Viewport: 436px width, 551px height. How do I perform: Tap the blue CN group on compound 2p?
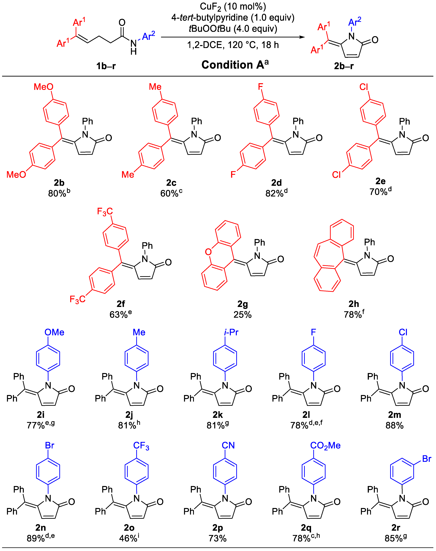click(228, 445)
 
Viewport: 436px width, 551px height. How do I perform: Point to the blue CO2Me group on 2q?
click(325, 445)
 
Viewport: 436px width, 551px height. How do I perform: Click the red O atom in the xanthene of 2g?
click(208, 252)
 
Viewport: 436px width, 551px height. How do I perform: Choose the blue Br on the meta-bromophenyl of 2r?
click(427, 459)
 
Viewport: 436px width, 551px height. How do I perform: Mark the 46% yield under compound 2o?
click(128, 538)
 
